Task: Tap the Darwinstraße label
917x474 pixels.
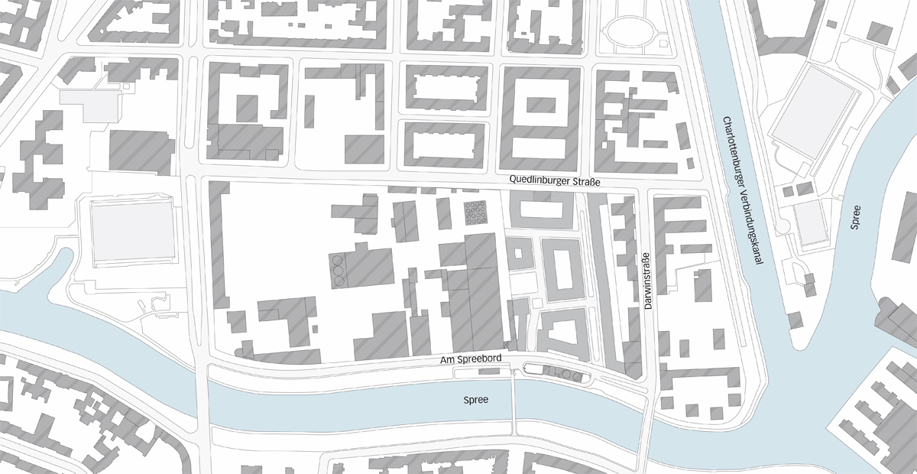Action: point(647,285)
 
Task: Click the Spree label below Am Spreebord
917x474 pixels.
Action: point(476,400)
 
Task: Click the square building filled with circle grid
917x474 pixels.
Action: point(476,213)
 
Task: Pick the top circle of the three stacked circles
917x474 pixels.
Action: point(339,260)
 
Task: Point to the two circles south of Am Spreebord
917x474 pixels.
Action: point(572,375)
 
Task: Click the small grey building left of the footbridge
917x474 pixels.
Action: point(486,372)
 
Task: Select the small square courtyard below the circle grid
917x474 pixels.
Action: point(520,252)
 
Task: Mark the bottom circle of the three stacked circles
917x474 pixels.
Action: point(339,281)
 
